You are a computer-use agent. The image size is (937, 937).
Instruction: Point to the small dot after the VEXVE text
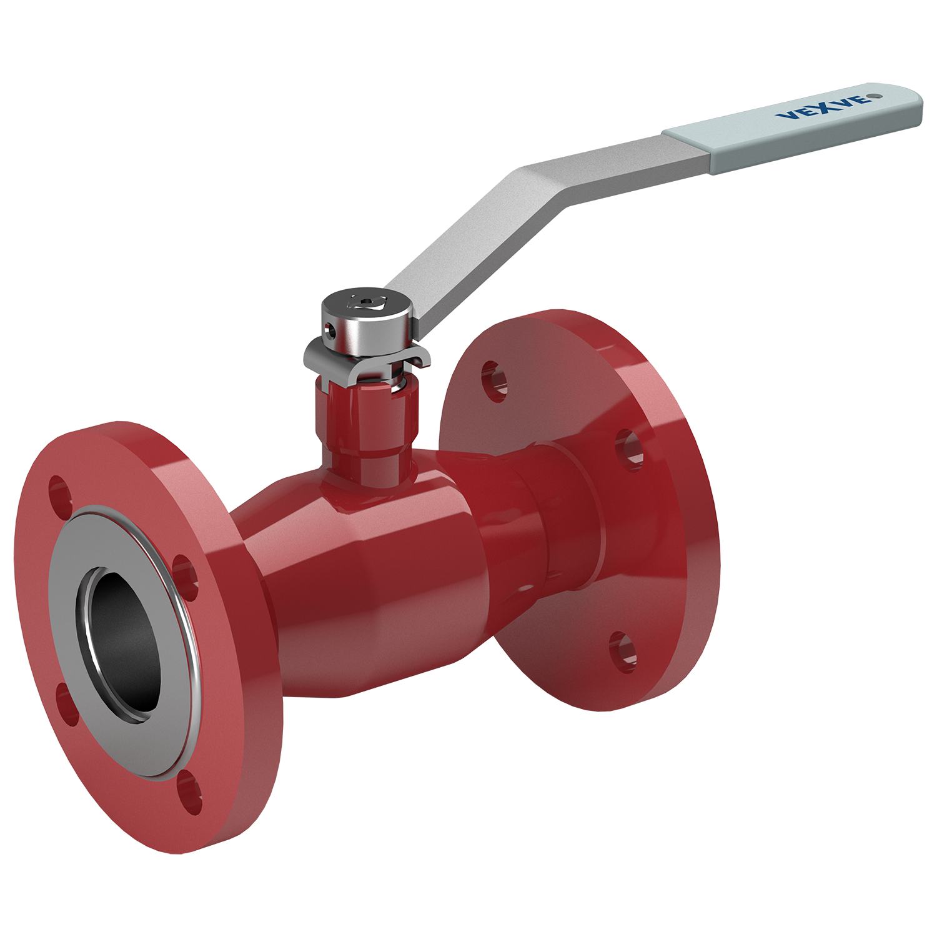(x=876, y=96)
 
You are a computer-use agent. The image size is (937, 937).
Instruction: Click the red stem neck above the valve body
(x=367, y=431)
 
